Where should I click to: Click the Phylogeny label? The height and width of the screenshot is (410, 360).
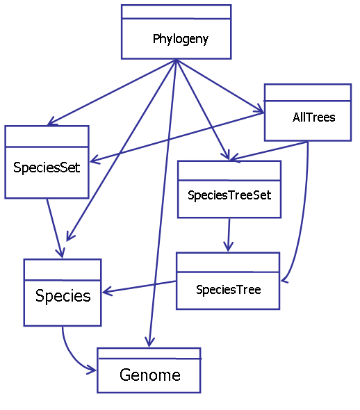pyautogui.click(x=181, y=40)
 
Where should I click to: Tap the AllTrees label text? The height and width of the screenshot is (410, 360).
pyautogui.click(x=313, y=117)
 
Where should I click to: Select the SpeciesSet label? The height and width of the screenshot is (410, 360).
pyautogui.click(x=47, y=167)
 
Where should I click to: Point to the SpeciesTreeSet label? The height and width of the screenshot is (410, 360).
pyautogui.click(x=229, y=195)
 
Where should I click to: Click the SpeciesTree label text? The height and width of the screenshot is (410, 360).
pyautogui.click(x=228, y=290)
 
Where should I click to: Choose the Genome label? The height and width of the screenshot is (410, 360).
pyautogui.click(x=150, y=375)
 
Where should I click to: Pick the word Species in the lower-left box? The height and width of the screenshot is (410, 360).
pyautogui.click(x=63, y=296)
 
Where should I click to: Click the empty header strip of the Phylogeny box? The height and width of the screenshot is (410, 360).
pyautogui.click(x=177, y=12)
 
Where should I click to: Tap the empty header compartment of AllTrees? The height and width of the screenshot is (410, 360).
pyautogui.click(x=308, y=92)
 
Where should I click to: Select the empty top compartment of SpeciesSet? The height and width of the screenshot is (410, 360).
pyautogui.click(x=47, y=136)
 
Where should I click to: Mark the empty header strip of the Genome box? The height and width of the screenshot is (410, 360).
pyautogui.click(x=149, y=354)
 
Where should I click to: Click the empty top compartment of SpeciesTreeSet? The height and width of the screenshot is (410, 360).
pyautogui.click(x=229, y=171)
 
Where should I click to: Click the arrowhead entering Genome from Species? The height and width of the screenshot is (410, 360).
pyautogui.click(x=92, y=370)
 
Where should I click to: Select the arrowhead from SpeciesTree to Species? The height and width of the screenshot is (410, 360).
pyautogui.click(x=106, y=291)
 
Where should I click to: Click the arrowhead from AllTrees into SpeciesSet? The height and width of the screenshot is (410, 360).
pyautogui.click(x=95, y=160)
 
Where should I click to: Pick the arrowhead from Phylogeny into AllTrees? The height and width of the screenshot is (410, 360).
pyautogui.click(x=260, y=109)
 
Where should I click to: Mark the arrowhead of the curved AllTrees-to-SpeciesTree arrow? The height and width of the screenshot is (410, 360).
pyautogui.click(x=284, y=280)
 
